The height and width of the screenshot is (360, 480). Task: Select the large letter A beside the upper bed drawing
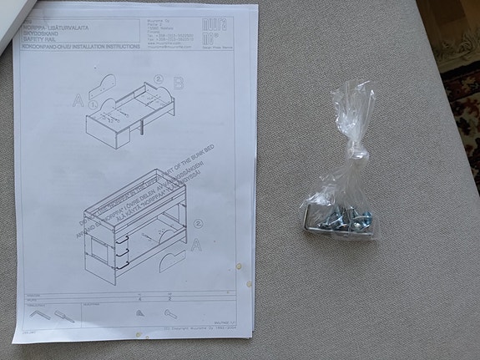pos(78,102)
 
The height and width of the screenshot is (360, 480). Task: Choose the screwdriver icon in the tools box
pos(62,316)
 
